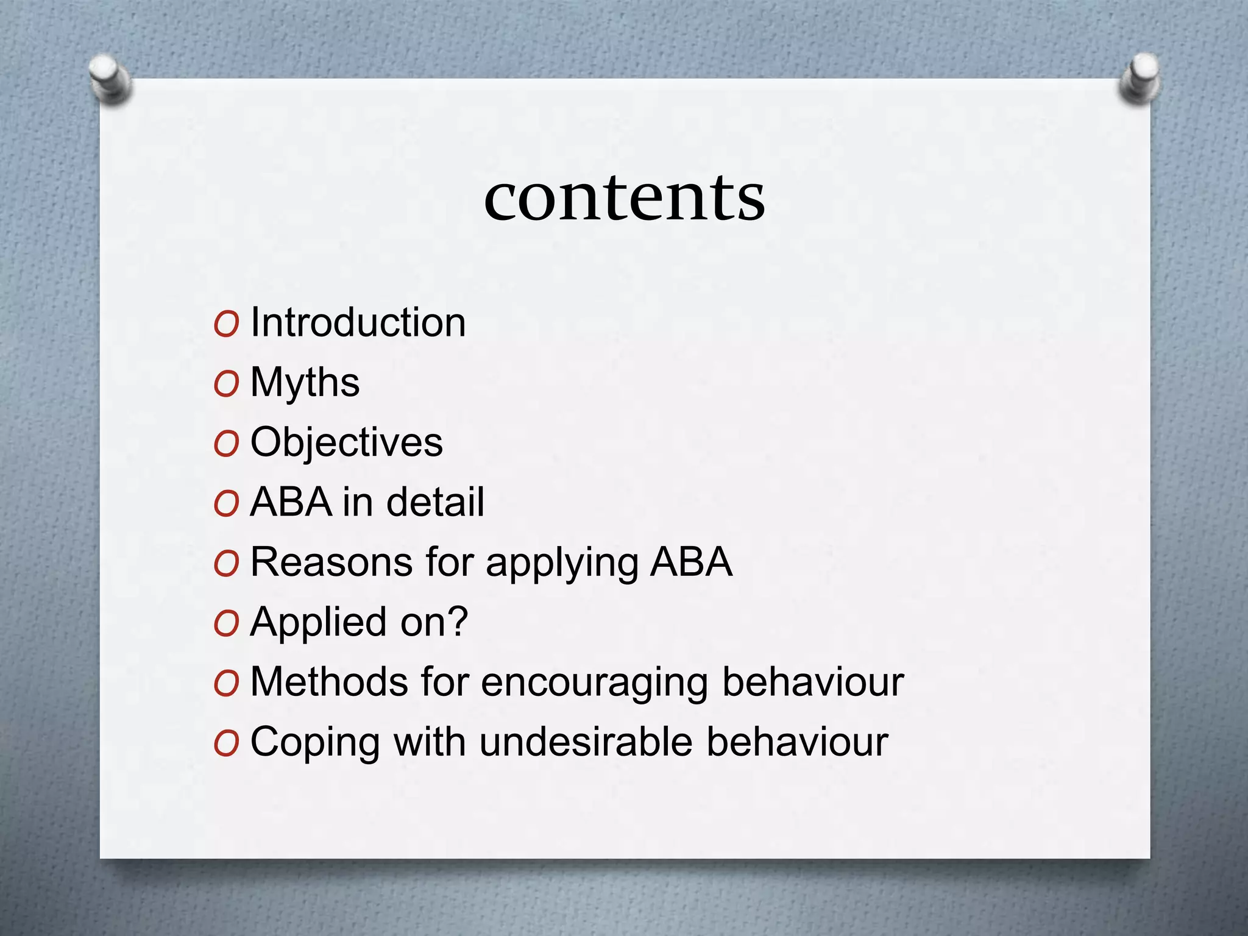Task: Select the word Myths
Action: (x=305, y=382)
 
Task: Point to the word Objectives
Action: (x=346, y=442)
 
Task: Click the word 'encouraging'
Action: (x=594, y=682)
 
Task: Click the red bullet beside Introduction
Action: (x=226, y=324)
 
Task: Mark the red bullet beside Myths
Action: (x=226, y=384)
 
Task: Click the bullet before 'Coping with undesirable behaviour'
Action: (x=226, y=743)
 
